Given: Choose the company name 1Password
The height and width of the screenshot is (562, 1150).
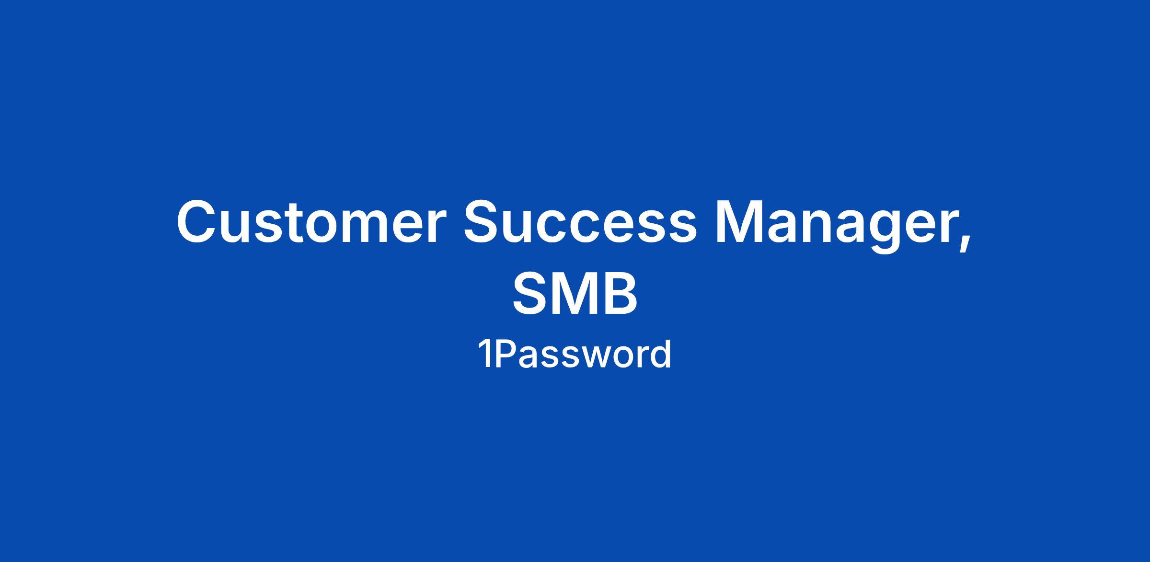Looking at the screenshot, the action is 575,355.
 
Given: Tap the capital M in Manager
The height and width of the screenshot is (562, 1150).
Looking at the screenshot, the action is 740,221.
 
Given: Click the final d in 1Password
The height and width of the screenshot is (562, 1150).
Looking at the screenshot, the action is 661,355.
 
